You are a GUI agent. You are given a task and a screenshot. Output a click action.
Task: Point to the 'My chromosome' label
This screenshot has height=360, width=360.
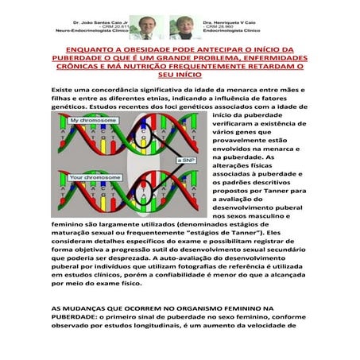[80, 120]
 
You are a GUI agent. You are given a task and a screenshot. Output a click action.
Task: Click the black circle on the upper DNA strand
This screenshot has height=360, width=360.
[148, 140]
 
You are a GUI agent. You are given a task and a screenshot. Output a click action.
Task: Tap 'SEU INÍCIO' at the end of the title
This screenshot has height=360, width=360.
[179, 75]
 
